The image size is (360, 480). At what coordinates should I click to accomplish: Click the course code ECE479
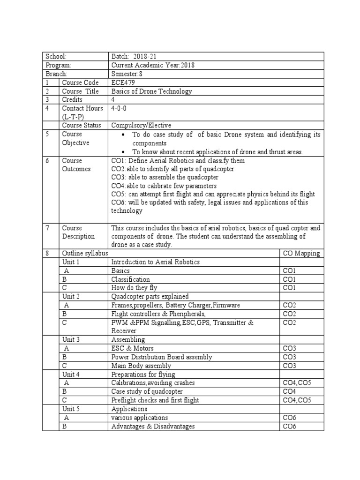(x=123, y=82)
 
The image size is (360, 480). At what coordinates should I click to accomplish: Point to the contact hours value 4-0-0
(x=120, y=108)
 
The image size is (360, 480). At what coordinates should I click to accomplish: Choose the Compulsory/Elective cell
(x=141, y=125)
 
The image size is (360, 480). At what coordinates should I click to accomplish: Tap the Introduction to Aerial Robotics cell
(x=155, y=262)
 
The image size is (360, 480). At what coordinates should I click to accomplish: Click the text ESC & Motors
(x=132, y=348)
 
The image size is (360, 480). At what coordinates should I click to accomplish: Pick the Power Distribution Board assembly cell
(x=161, y=357)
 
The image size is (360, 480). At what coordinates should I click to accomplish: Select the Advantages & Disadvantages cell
(x=153, y=426)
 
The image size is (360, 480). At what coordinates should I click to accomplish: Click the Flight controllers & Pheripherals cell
(x=158, y=314)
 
